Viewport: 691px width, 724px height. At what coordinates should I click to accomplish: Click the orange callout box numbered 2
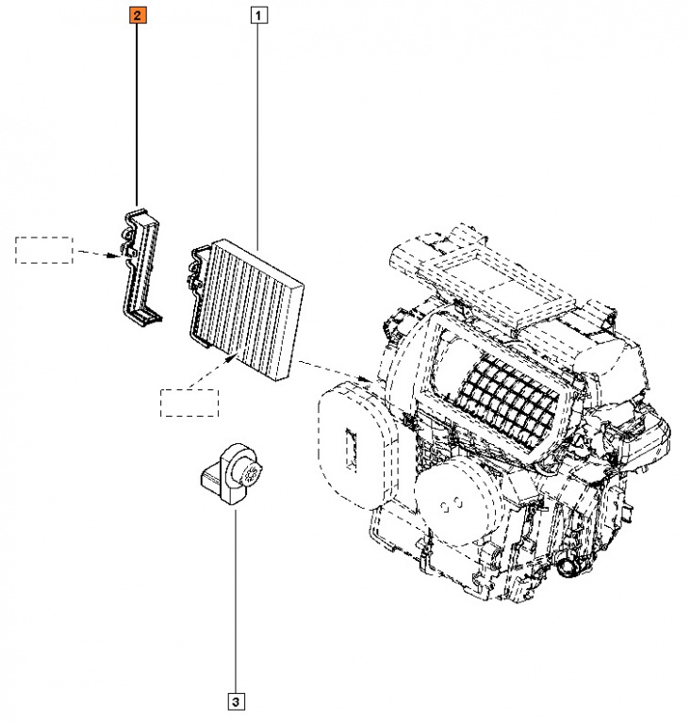(x=138, y=15)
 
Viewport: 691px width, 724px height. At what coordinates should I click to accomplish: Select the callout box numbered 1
(x=258, y=15)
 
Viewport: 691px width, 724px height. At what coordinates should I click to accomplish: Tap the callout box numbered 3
(x=235, y=700)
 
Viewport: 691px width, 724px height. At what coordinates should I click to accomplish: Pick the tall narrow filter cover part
(x=138, y=264)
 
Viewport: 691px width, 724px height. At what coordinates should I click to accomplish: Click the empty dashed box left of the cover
(x=43, y=250)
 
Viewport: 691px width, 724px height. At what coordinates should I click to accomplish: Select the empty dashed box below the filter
(x=189, y=402)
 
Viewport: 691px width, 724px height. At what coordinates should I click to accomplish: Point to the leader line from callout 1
(x=258, y=132)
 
